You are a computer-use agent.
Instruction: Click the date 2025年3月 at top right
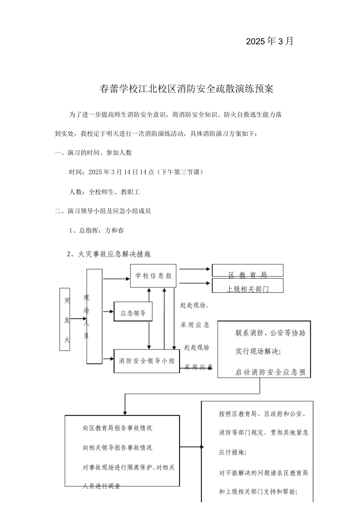click(269, 41)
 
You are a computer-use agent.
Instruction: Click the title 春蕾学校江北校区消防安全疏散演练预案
click(186, 89)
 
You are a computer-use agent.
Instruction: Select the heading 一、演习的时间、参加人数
click(93, 153)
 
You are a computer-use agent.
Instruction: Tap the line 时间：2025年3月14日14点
click(136, 172)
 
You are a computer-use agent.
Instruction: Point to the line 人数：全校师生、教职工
click(105, 192)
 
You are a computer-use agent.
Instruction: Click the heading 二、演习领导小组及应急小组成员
click(103, 211)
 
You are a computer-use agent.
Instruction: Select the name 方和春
click(114, 230)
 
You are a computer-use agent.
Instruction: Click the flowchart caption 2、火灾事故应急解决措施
click(109, 254)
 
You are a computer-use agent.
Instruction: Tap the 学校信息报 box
click(153, 276)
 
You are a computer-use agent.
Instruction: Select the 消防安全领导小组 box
click(147, 361)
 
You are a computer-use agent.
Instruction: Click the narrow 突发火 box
click(65, 319)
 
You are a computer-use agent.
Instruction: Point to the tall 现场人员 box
click(94, 317)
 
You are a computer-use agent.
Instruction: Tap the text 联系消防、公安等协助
click(270, 333)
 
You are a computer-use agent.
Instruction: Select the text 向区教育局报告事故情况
click(117, 428)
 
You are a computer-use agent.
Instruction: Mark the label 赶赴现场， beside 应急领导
click(194, 305)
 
